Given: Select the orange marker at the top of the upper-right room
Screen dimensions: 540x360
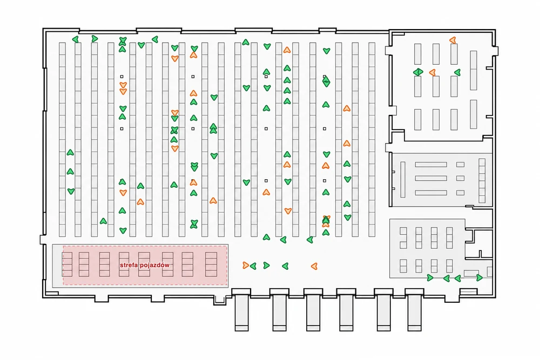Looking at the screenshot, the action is pos(453,40).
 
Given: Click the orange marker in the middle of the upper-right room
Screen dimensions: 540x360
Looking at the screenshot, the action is pos(432,73).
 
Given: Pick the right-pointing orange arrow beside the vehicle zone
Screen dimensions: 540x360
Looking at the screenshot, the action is pos(246,266).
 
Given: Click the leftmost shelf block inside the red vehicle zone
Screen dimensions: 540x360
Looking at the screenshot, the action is pos(67,264).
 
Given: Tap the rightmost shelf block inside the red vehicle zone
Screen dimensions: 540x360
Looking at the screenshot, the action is pos(211,264).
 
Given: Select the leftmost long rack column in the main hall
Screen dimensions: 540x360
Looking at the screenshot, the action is pos(62,139).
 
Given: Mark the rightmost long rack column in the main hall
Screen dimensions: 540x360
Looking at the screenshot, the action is pos(372,139).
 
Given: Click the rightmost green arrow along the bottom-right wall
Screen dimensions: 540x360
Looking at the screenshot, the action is pos(479,278).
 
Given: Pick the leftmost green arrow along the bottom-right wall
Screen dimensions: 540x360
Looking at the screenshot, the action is pos(430,278).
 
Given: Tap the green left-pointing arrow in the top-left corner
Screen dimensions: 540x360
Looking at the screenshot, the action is pos(76,39).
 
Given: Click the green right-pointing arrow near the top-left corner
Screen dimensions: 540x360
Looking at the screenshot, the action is pos(94,39).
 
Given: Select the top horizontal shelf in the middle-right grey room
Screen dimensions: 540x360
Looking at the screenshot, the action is pos(431,165).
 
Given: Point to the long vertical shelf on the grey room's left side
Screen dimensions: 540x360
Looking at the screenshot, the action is pos(403,179).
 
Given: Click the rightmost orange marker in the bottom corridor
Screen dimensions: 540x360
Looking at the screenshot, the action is pos(314,266).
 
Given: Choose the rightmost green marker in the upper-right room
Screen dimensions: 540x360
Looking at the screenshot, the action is pos(457,72).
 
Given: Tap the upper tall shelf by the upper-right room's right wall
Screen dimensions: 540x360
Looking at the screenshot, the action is pos(474,70).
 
